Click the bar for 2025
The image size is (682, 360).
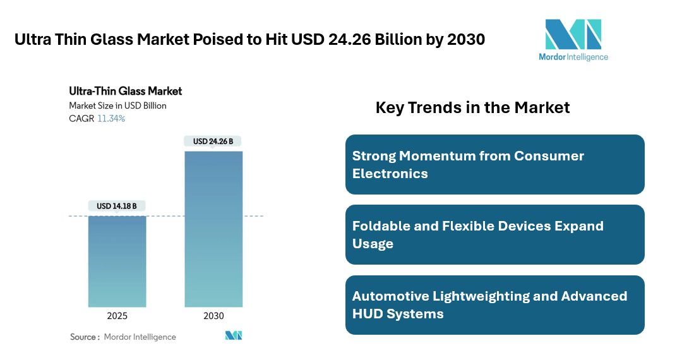point(117,261)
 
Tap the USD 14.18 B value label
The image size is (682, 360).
point(117,206)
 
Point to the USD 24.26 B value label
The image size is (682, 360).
point(213,141)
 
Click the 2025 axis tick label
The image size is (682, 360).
point(117,316)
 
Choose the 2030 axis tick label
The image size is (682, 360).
point(213,316)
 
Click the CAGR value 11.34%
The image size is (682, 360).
point(111,119)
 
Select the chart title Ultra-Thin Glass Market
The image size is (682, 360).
point(125,92)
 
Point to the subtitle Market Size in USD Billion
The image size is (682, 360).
point(117,105)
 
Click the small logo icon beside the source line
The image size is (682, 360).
point(234,336)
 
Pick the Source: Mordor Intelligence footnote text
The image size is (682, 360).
point(123,337)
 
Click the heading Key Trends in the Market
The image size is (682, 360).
point(472,107)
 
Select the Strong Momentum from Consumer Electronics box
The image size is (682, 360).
point(494,164)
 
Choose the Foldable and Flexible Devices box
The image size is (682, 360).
point(494,234)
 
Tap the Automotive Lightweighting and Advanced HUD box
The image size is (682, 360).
point(494,304)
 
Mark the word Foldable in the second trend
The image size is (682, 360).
point(382,225)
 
